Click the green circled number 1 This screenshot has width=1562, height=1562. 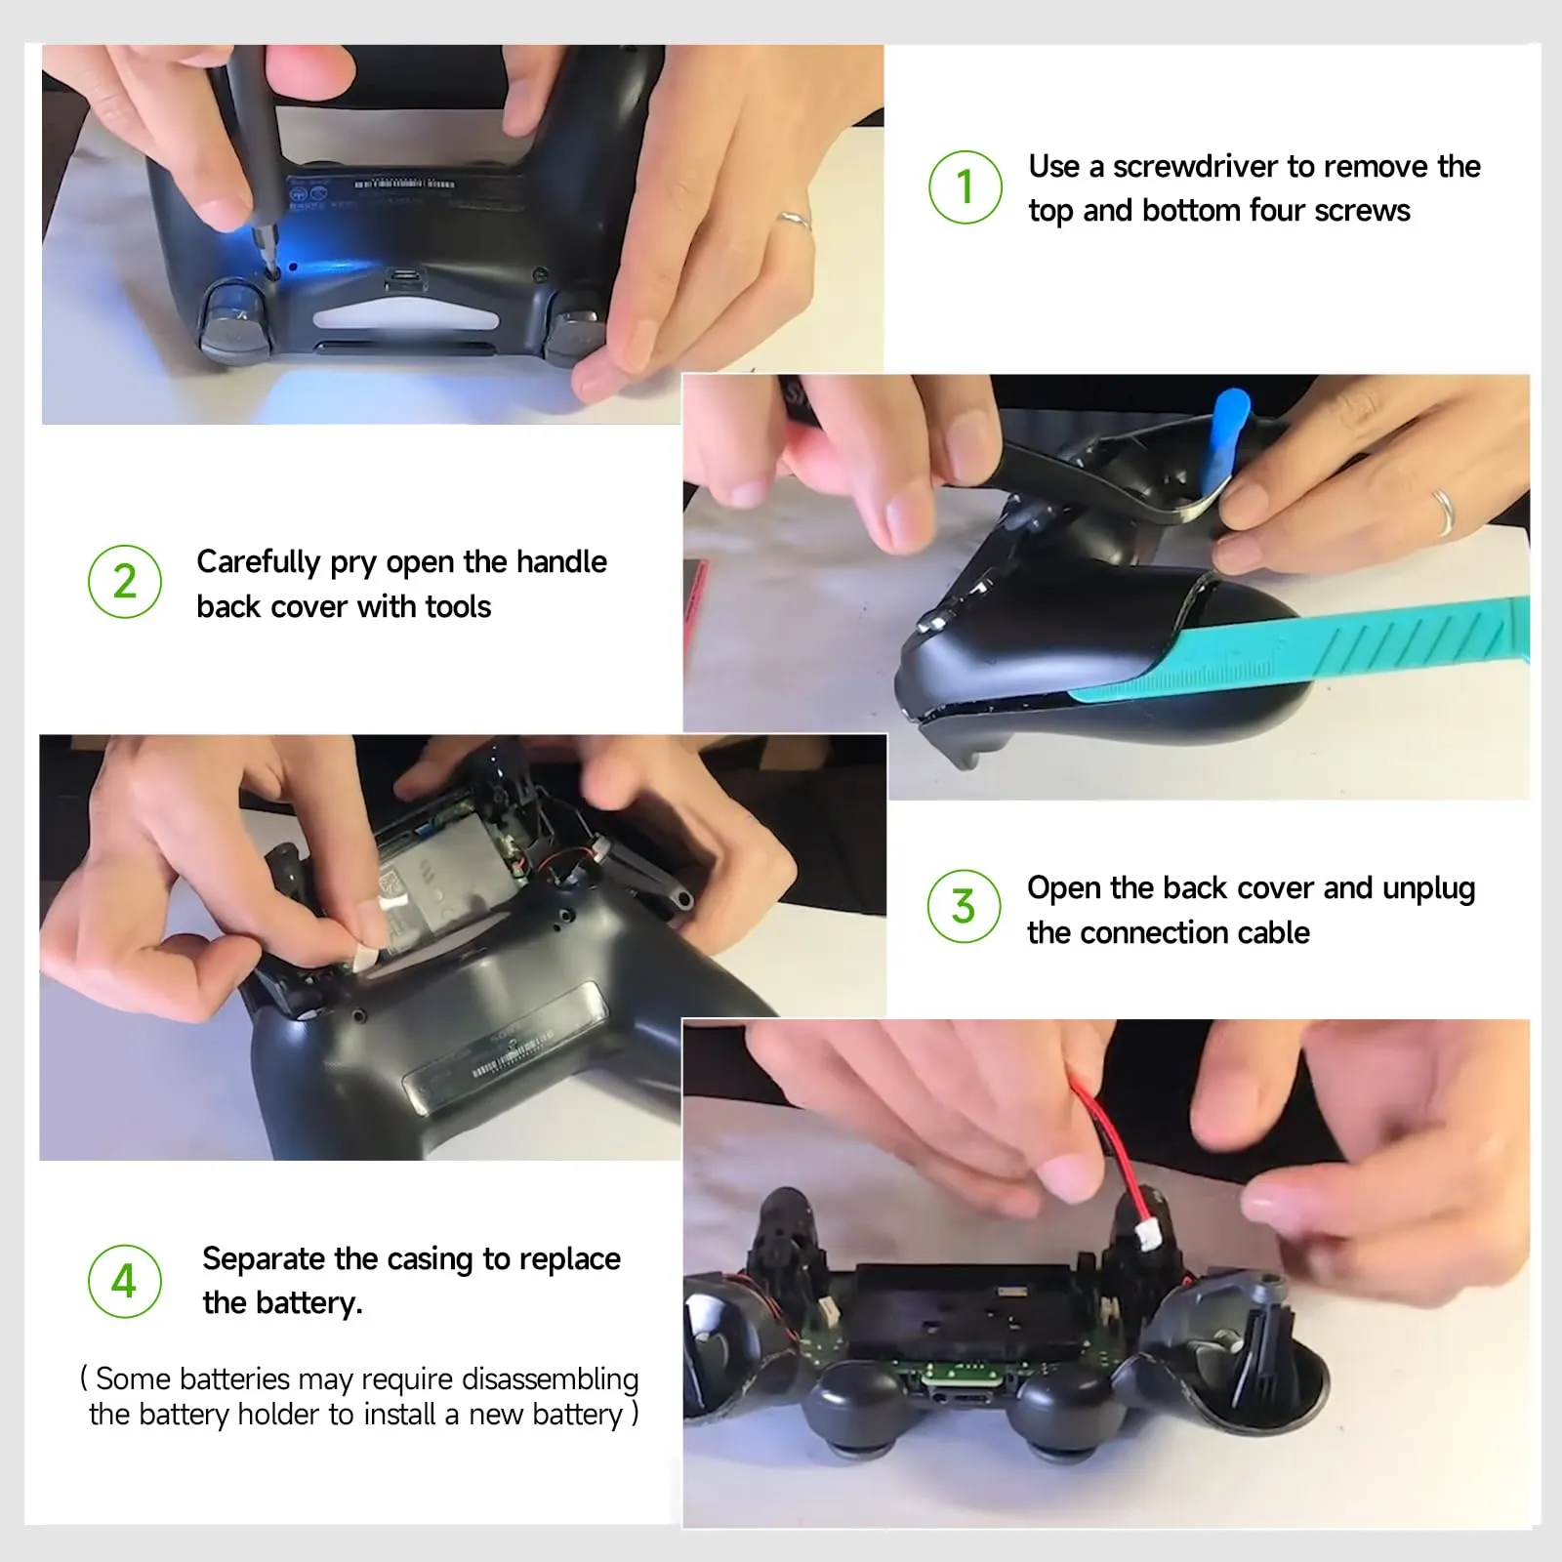(x=965, y=186)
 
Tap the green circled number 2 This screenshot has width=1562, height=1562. (x=125, y=582)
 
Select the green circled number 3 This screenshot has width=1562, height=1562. (x=964, y=906)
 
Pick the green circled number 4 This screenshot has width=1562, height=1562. (x=124, y=1281)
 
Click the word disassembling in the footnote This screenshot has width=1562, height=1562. (x=550, y=1378)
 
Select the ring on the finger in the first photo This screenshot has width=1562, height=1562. (x=794, y=222)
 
